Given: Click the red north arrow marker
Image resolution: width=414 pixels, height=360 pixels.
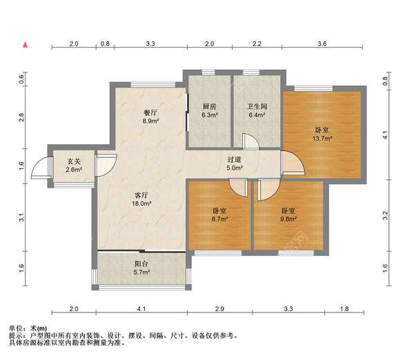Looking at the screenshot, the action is (26, 45).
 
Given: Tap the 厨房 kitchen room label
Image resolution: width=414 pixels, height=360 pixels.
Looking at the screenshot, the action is (209, 106).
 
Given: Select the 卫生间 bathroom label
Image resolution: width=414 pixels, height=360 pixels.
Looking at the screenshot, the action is (257, 106).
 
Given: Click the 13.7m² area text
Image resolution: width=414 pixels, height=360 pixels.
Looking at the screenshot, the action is (322, 139).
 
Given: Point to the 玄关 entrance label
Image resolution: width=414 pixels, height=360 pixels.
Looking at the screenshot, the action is (74, 161).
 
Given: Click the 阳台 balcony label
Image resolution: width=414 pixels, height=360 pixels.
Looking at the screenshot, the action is (141, 263).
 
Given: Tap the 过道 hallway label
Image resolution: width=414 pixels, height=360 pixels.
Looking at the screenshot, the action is (235, 159).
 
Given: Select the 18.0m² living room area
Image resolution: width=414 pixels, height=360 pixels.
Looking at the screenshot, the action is (141, 203).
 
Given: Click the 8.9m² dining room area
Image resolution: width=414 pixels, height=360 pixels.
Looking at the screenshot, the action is (150, 121).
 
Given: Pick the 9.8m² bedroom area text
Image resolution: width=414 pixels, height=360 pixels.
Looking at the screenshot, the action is (288, 219).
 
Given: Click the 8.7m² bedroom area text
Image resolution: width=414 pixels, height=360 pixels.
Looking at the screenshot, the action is (219, 219).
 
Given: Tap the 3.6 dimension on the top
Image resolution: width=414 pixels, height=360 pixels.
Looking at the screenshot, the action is (322, 43).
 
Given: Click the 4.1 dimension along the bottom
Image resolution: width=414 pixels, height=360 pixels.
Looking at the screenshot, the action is (141, 308).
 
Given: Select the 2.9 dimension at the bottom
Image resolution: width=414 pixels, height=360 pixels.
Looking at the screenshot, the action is (219, 308).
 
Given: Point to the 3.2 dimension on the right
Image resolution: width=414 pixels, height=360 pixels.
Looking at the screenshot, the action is (385, 215).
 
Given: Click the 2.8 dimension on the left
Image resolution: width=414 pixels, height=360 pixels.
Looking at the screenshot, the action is (21, 117).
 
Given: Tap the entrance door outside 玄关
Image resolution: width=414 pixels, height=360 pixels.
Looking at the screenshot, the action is (41, 168).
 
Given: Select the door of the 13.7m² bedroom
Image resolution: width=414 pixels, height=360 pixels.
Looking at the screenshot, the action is (294, 163).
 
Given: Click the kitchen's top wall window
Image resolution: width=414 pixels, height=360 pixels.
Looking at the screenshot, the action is (208, 72).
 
